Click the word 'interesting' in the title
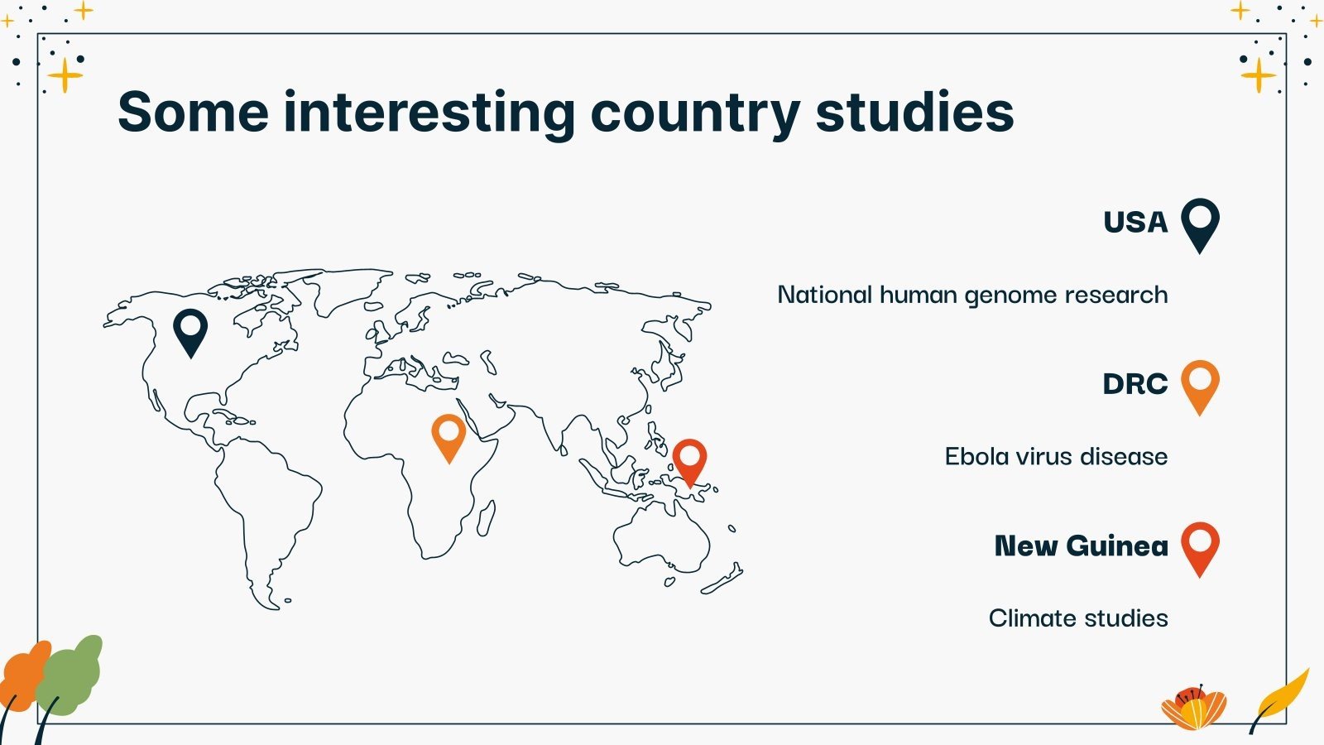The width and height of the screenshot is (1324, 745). coord(429,113)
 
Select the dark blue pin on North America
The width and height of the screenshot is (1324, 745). coord(190,333)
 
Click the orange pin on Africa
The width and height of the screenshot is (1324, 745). coord(449,438)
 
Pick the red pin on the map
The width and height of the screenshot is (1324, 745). coord(690,463)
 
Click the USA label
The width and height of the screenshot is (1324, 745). coord(1135,223)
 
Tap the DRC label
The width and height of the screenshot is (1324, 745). coord(1135,384)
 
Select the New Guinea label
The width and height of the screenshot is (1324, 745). coord(1082,546)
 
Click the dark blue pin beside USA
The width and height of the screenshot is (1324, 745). coord(1201,225)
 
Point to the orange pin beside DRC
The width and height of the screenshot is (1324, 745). coord(1201,387)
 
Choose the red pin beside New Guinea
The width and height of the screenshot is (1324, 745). coord(1201,550)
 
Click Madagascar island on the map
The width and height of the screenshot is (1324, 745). coord(486,518)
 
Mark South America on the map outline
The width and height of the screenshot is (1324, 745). coord(266,508)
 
